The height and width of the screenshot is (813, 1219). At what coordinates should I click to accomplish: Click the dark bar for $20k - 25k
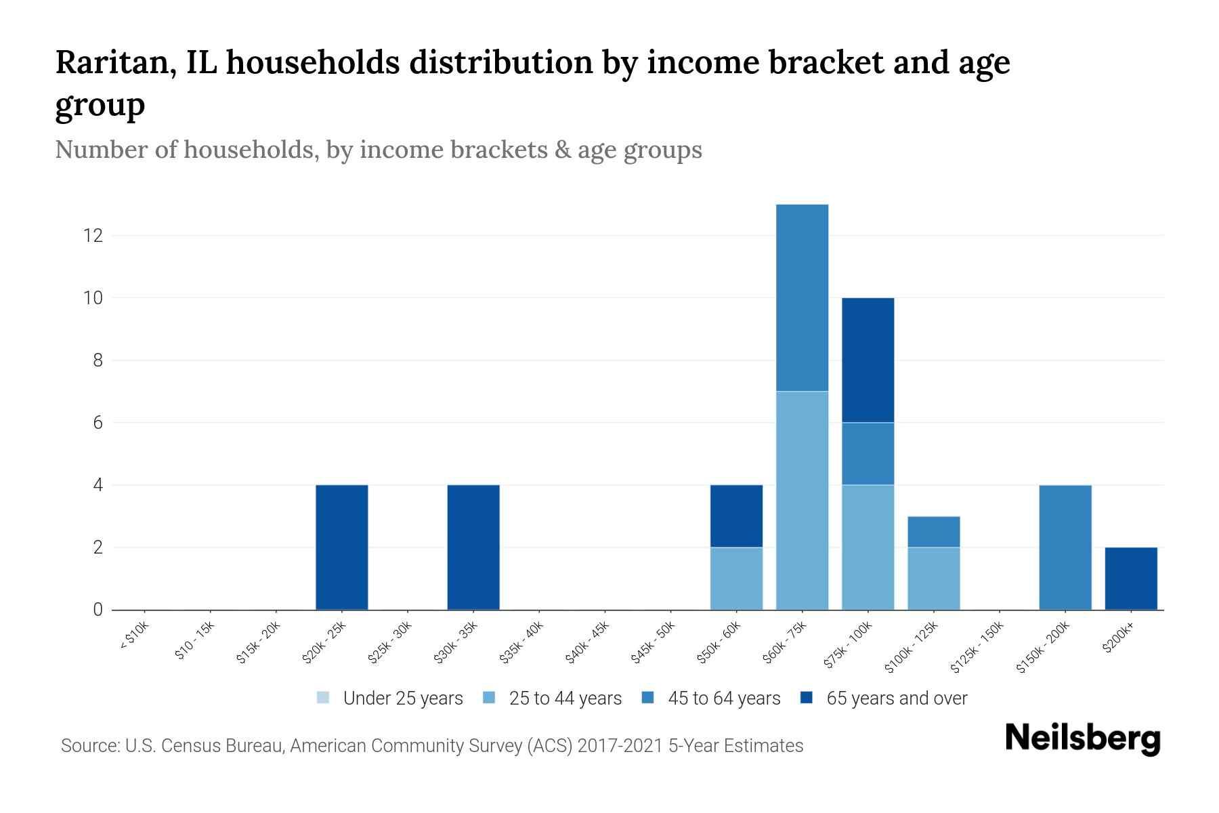342,547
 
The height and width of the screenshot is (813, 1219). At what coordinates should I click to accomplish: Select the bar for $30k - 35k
473,547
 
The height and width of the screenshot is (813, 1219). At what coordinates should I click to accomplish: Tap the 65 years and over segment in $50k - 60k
736,516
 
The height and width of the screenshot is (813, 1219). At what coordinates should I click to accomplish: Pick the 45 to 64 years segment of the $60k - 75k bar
802,297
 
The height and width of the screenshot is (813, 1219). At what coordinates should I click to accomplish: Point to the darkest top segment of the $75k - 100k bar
868,360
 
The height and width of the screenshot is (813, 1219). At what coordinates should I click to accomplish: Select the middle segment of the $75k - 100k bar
868,454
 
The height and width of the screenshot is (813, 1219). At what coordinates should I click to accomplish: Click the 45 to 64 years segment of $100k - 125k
933,532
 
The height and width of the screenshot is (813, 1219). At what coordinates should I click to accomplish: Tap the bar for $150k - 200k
1065,547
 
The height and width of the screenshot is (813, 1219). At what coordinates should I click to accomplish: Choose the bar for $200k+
1131,579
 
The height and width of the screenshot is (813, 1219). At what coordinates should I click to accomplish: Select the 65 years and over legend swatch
807,698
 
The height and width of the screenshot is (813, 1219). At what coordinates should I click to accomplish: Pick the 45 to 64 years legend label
724,699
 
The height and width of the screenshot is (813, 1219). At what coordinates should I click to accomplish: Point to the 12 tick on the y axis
93,236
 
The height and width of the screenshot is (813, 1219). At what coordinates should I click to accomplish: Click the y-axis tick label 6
98,423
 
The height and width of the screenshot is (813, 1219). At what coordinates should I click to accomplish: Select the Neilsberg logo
1082,738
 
